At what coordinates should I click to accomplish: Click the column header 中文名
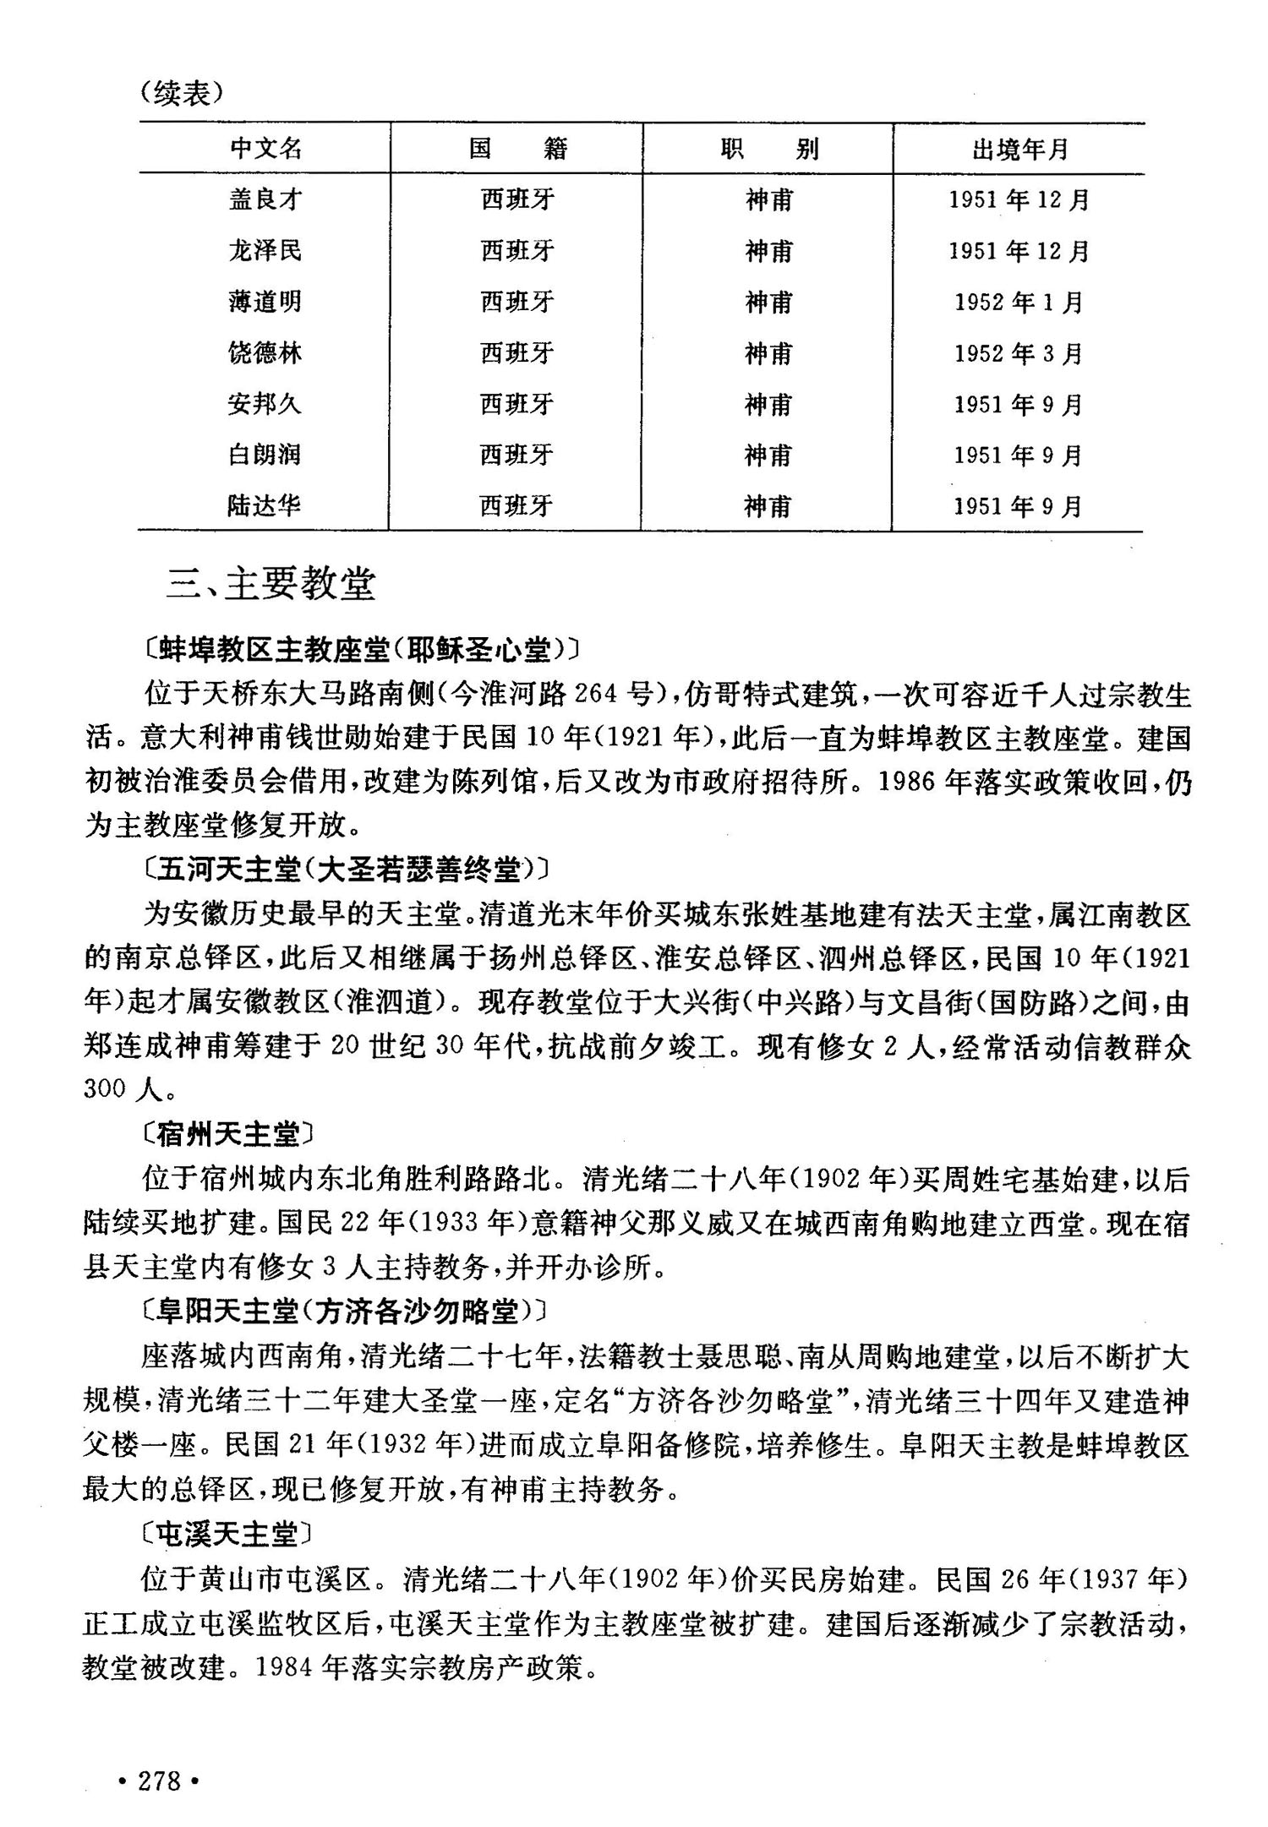coord(265,149)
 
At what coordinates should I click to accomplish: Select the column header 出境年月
coord(1019,150)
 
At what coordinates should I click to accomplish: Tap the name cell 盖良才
coord(265,199)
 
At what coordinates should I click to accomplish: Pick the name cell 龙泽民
coord(265,250)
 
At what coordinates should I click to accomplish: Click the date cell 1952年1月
coord(1019,303)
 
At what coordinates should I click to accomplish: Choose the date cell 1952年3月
coord(1019,353)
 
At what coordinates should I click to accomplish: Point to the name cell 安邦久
coord(265,404)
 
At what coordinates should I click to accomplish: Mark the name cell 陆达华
coord(264,505)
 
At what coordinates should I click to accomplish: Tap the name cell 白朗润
coord(265,455)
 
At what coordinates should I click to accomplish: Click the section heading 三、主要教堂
coord(271,584)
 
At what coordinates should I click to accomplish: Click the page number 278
coord(159,1781)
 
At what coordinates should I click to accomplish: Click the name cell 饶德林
coord(265,353)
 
